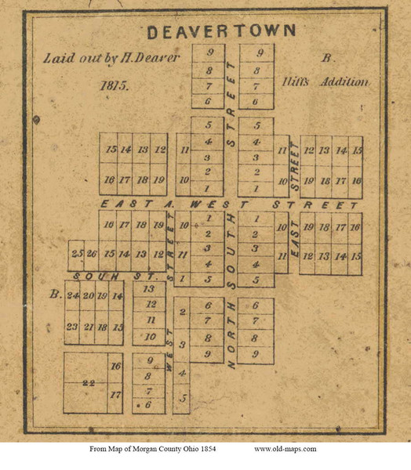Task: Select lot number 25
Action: click(77, 254)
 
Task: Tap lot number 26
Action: click(91, 254)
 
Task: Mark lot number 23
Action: click(74, 327)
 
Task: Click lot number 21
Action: click(89, 327)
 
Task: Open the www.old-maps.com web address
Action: click(285, 449)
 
